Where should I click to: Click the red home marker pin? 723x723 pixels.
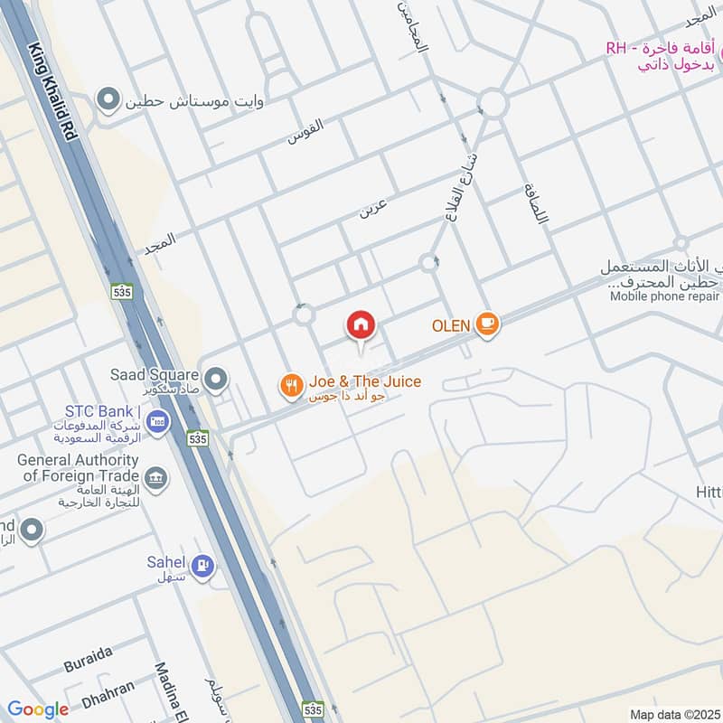click(361, 325)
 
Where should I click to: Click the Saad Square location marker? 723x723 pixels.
click(215, 380)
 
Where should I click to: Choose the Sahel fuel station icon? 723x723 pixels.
click(204, 567)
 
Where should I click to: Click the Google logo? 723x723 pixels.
click(38, 709)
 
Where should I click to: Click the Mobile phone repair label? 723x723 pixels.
click(662, 296)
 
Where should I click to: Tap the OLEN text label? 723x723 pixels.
click(452, 324)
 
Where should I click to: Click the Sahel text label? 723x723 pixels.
click(166, 562)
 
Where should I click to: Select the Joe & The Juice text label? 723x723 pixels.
click(364, 382)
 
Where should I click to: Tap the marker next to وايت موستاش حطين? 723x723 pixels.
click(109, 99)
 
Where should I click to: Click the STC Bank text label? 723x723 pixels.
click(99, 412)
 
